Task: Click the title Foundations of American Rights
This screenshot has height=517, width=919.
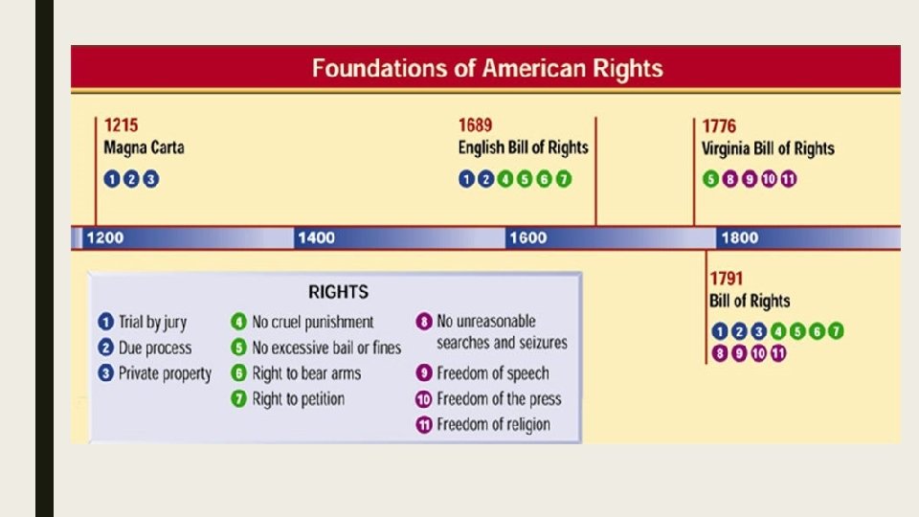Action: pyautogui.click(x=486, y=69)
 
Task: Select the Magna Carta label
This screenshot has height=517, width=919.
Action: pyautogui.click(x=144, y=148)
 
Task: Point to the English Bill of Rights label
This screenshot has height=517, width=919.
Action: pyautogui.click(x=523, y=148)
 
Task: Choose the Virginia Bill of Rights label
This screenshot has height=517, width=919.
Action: pyautogui.click(x=768, y=148)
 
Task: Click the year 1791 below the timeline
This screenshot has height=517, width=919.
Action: pyautogui.click(x=727, y=280)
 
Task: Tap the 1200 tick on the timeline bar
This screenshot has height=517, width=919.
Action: pyautogui.click(x=104, y=238)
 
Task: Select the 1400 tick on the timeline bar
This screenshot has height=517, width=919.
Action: pyautogui.click(x=316, y=238)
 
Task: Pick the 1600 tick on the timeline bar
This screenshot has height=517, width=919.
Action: pyautogui.click(x=527, y=238)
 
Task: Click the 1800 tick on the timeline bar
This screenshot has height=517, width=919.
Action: pyautogui.click(x=739, y=238)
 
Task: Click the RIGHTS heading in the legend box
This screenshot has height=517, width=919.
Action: pyautogui.click(x=337, y=292)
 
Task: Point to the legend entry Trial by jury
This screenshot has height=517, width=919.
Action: pyautogui.click(x=152, y=323)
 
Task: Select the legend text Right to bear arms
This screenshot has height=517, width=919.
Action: pyautogui.click(x=306, y=373)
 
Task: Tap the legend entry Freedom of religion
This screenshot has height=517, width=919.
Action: pyautogui.click(x=493, y=424)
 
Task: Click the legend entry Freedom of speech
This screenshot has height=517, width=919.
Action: pyautogui.click(x=493, y=373)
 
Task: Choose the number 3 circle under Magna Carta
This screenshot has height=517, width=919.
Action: pyautogui.click(x=149, y=179)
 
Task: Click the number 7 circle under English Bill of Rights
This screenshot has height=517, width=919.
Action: pyautogui.click(x=564, y=179)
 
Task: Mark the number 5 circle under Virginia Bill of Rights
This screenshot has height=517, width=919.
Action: pyautogui.click(x=710, y=179)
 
